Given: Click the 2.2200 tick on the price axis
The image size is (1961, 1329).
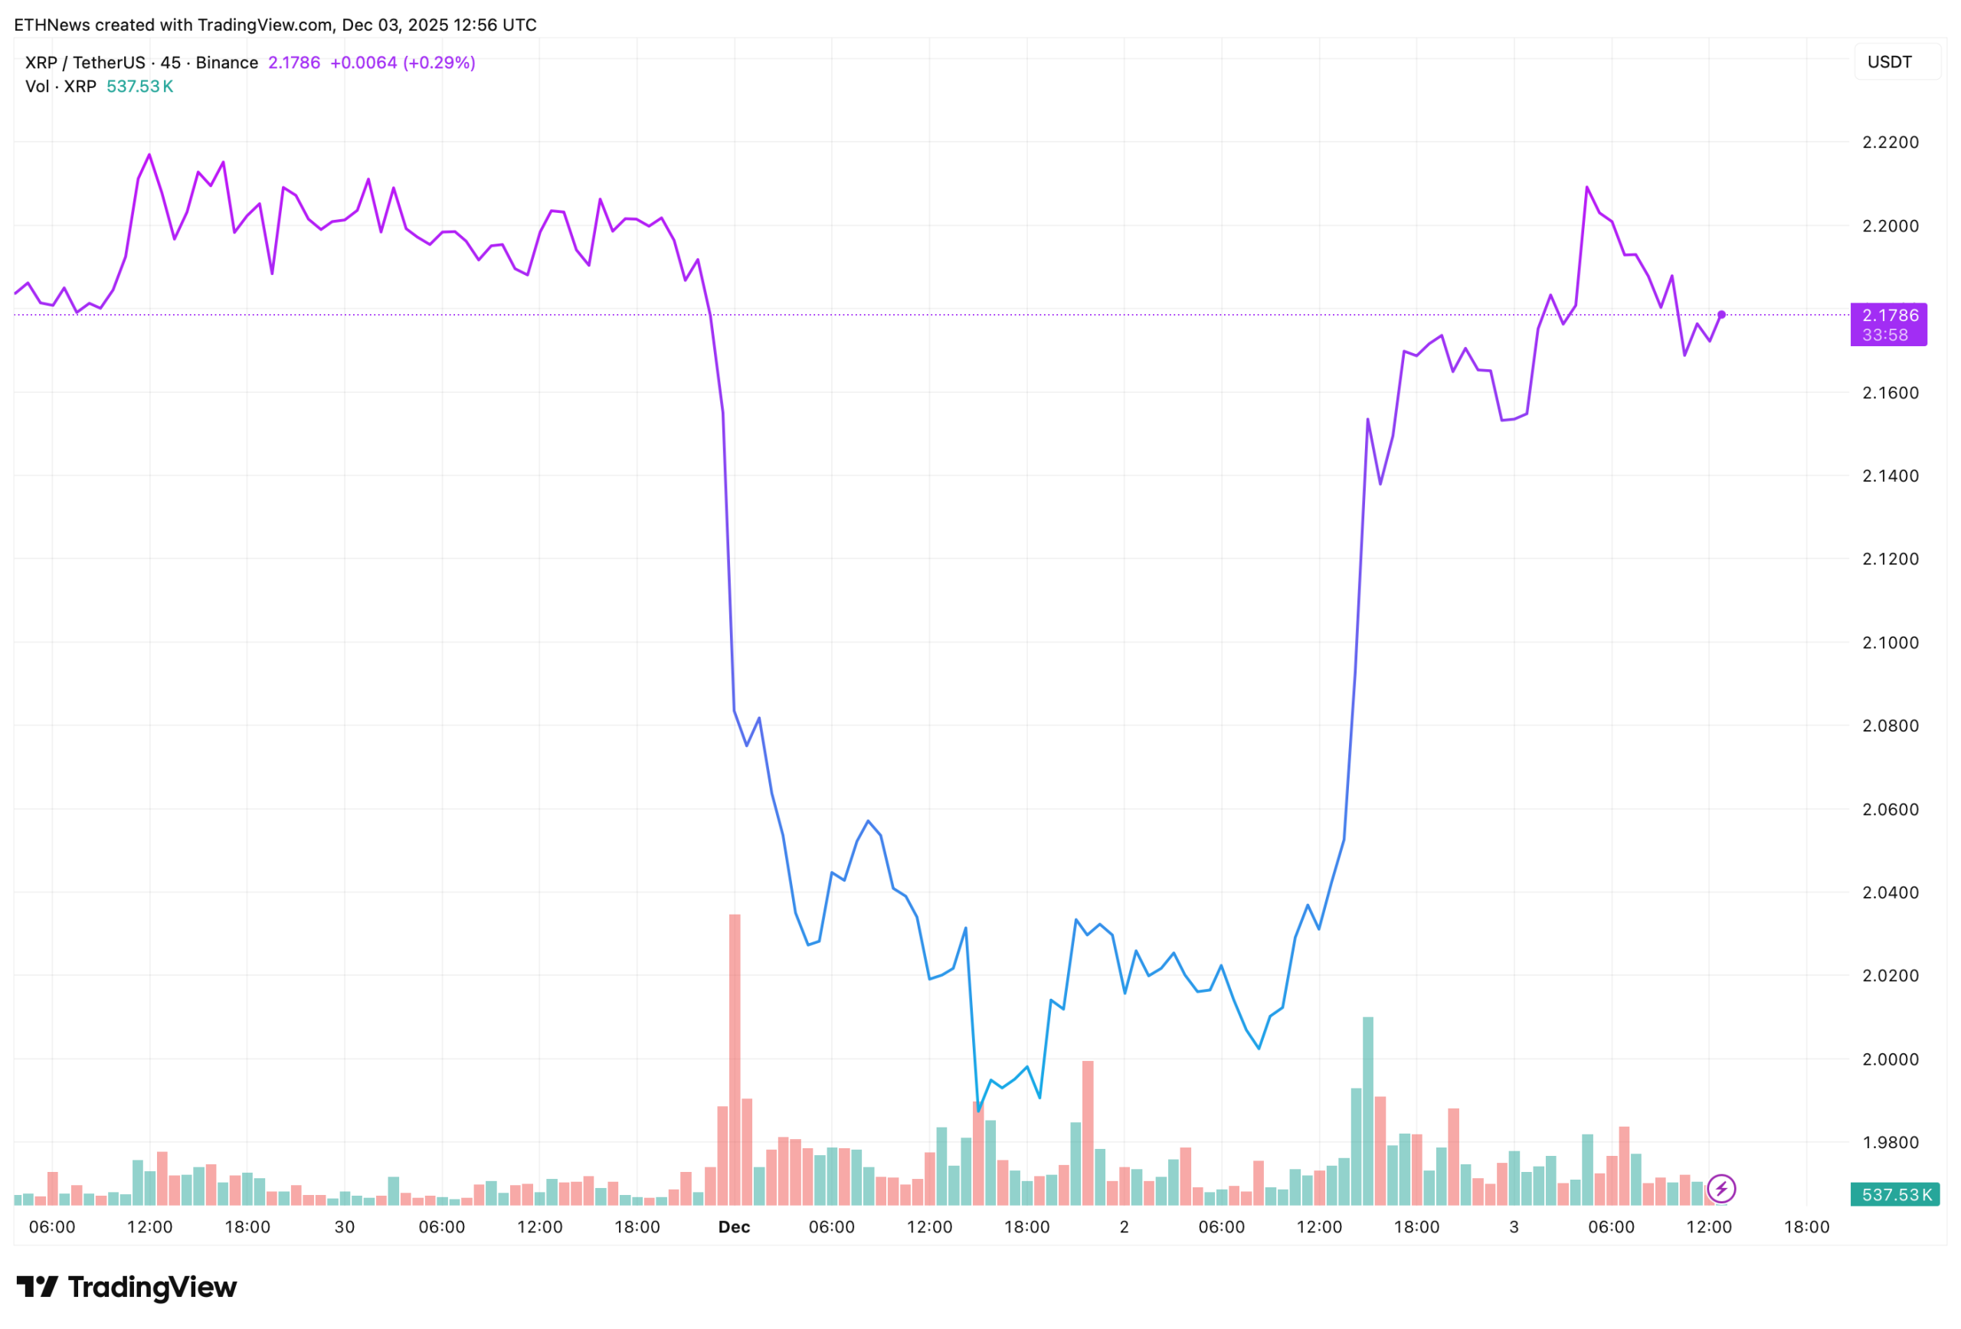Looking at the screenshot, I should [1890, 142].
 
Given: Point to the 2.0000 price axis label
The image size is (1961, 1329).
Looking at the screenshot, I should [1890, 1059].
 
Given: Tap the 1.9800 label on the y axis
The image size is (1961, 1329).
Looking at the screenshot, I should [1890, 1143].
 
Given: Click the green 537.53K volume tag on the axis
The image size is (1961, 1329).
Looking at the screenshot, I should [1895, 1195].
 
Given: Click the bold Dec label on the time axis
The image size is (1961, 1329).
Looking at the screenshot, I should [734, 1227].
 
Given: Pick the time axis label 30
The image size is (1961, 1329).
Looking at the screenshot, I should [344, 1227].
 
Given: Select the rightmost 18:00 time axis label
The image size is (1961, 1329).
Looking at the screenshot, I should [1806, 1227].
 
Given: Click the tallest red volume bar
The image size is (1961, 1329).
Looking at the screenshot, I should [735, 1055].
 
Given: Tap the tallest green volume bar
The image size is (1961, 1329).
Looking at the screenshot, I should [1368, 1110].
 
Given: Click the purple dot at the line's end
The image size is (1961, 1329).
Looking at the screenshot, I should [1721, 315].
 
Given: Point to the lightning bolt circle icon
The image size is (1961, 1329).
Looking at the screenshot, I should [1721, 1189].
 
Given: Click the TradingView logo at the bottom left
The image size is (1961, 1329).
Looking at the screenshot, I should [126, 1287].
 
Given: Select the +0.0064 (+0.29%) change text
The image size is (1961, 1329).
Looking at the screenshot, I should [402, 63].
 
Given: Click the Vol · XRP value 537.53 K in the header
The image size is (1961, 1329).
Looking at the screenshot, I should [140, 86].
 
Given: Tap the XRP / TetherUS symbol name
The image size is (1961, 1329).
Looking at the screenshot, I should [84, 63].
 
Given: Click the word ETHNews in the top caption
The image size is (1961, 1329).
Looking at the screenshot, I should [51, 25].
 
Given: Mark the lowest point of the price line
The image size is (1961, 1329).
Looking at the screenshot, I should [978, 1110].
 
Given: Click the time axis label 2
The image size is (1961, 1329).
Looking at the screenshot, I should [1124, 1227].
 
